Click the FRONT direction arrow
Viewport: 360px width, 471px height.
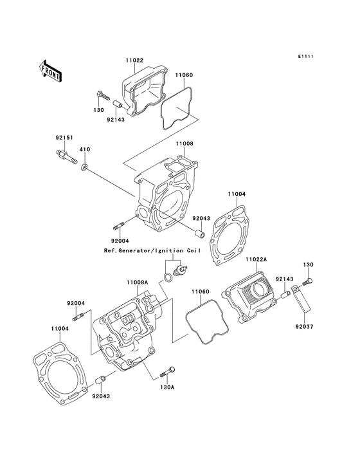coord(50,71)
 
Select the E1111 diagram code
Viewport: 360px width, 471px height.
coord(305,56)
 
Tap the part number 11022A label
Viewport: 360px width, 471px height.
coord(256,259)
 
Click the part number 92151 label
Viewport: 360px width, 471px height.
coord(64,138)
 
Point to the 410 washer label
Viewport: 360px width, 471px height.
coord(84,149)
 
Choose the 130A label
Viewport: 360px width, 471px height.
coord(167,387)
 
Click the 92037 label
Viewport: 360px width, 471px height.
coord(304,326)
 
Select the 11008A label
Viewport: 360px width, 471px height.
coord(138,282)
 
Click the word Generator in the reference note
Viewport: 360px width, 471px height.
coord(132,250)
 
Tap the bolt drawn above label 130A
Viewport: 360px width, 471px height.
coord(167,372)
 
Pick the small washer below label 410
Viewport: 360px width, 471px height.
coord(85,167)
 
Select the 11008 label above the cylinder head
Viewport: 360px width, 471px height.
coord(184,143)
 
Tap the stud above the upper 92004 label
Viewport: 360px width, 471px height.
coord(119,228)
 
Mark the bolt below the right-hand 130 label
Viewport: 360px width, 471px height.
coord(307,281)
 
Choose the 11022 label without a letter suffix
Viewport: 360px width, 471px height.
coord(134,60)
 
